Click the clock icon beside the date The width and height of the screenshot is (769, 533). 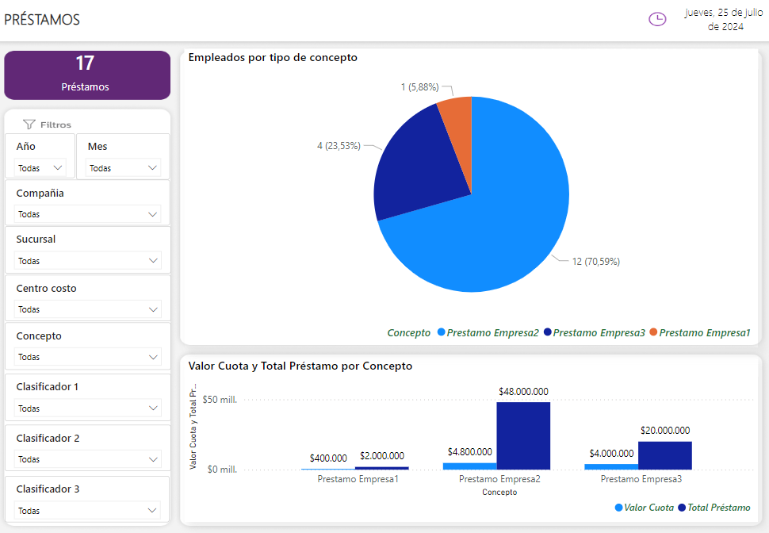point(657,19)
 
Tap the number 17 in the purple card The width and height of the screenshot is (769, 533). point(86,63)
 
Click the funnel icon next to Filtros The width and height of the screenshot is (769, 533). point(29,125)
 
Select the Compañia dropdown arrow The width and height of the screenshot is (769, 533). point(153,214)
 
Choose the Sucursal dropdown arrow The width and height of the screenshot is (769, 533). point(153,261)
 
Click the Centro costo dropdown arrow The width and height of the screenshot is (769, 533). point(153,309)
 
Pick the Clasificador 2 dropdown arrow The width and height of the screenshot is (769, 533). point(153,459)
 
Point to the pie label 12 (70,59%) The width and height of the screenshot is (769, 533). point(595,262)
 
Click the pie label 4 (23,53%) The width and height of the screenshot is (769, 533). point(339,146)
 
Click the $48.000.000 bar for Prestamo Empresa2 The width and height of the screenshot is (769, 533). point(523,435)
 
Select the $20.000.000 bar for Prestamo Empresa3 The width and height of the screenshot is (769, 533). point(664,455)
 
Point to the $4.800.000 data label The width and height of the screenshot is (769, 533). point(469,452)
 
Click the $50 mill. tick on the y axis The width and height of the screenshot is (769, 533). point(220,400)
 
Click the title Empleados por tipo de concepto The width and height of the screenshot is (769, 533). point(273,58)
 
